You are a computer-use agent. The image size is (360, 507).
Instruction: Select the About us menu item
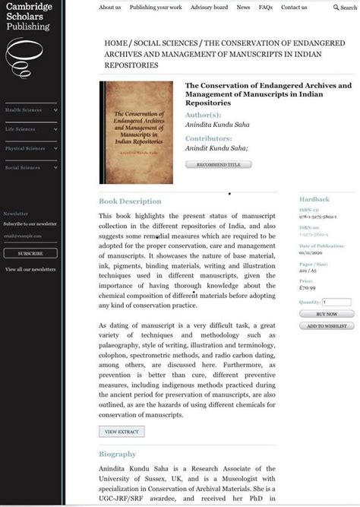[109, 8]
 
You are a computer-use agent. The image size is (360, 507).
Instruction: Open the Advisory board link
[209, 8]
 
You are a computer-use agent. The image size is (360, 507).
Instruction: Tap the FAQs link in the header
[265, 8]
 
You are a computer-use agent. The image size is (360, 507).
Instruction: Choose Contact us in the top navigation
[294, 8]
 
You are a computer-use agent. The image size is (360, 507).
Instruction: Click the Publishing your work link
[156, 8]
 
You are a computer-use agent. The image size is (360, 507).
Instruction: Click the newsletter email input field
[30, 236]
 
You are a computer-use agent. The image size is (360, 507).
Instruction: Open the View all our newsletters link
[30, 269]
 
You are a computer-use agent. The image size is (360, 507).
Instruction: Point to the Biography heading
[118, 455]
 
